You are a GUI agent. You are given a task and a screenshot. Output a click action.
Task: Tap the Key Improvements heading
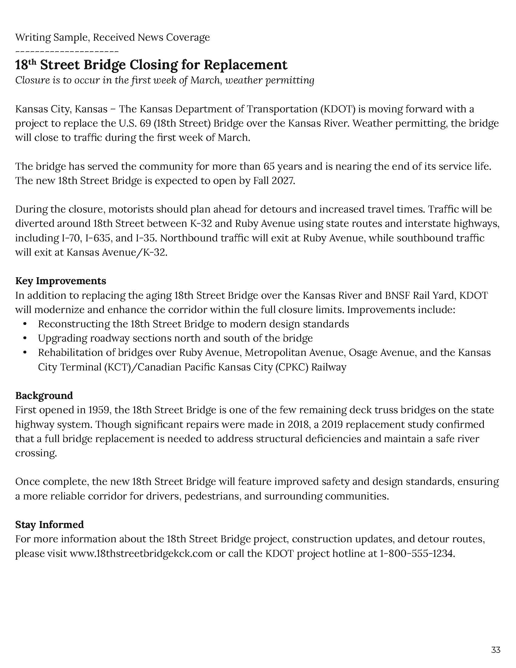(60, 281)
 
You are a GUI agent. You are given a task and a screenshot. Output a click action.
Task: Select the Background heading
(44, 395)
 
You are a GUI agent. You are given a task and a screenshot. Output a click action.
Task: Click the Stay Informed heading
(49, 525)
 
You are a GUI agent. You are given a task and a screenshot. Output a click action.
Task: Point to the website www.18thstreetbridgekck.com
(141, 553)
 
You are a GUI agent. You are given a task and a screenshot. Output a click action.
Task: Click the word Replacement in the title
(246, 65)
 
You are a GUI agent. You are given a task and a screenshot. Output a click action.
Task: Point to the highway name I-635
(98, 238)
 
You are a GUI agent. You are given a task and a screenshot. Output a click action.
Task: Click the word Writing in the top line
(33, 37)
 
